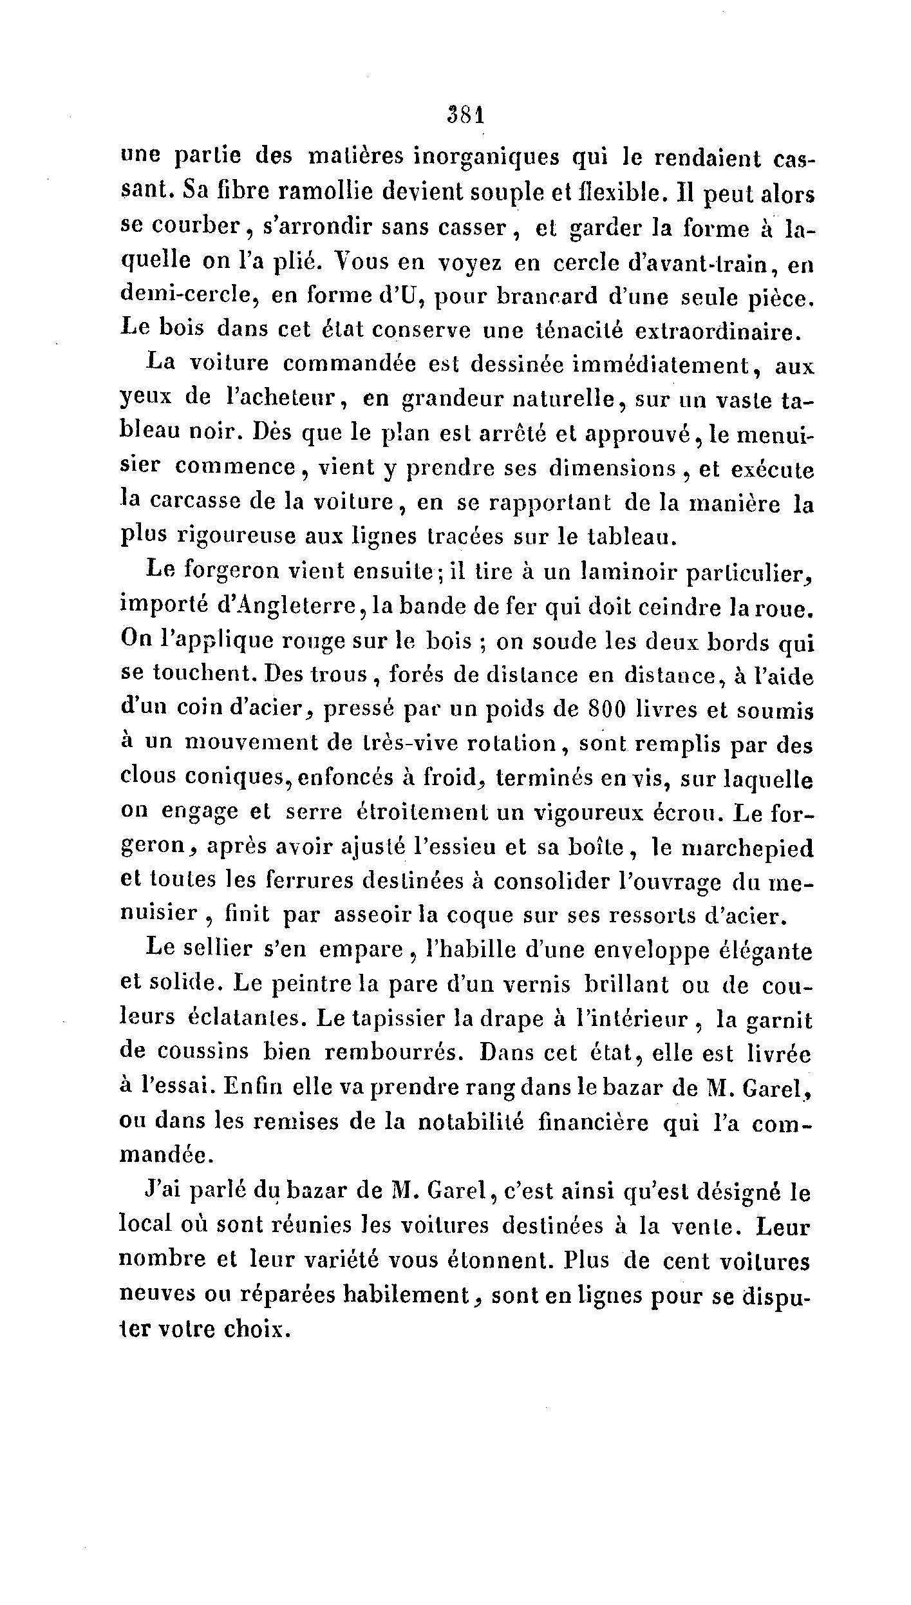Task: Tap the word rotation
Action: coord(511,744)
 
